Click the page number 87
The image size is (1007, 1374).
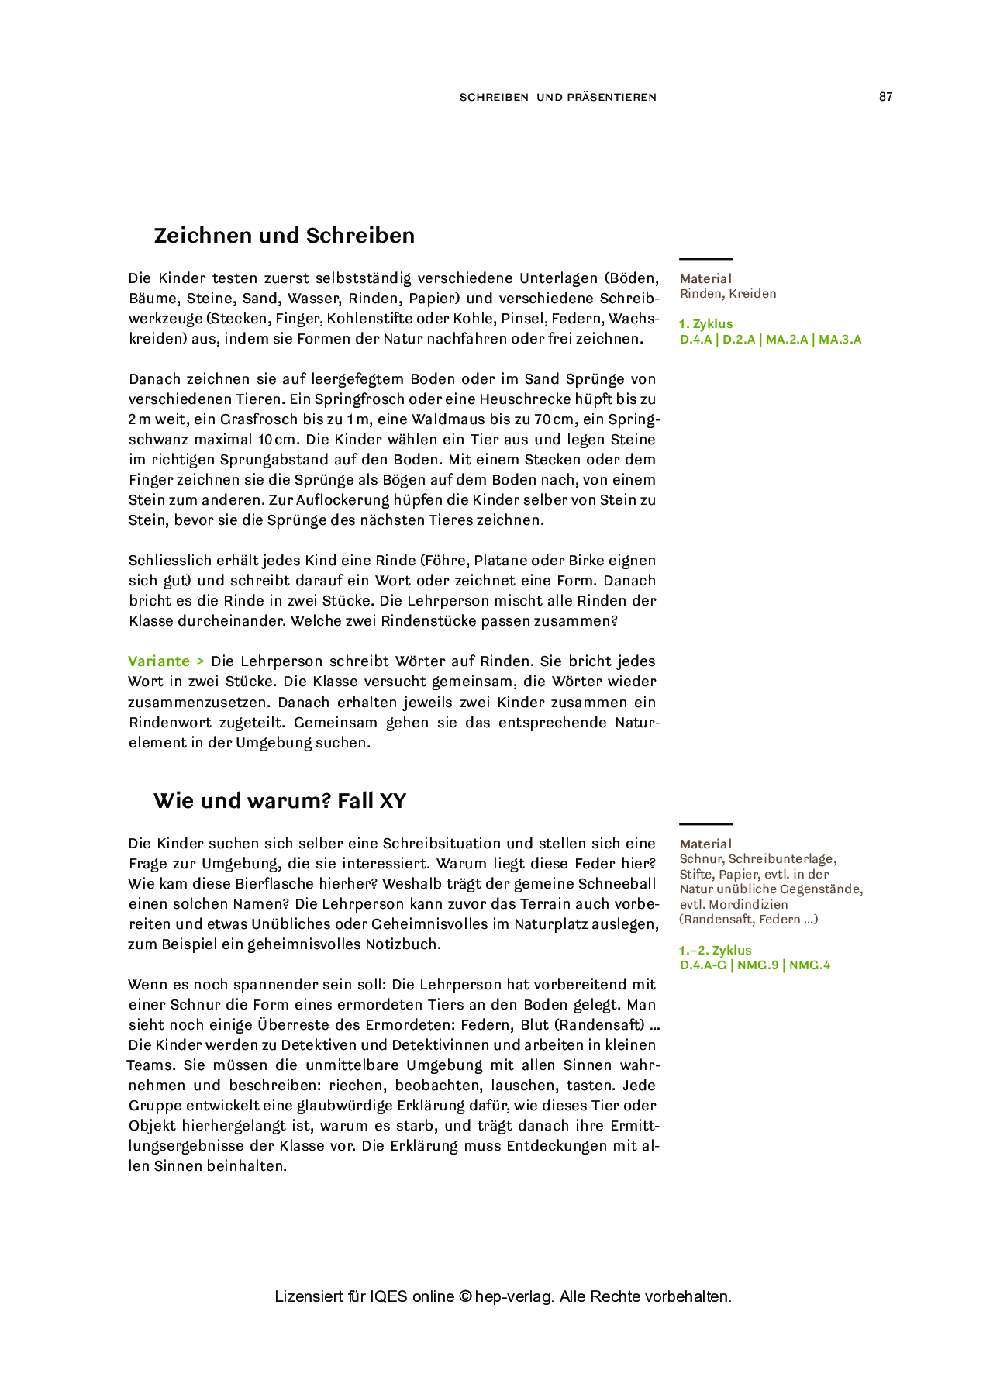pos(885,97)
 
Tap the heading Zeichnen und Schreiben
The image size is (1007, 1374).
pos(284,236)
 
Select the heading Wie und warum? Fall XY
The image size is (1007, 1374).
pos(279,800)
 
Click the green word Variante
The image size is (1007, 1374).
pos(159,661)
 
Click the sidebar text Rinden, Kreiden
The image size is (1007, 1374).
pos(727,294)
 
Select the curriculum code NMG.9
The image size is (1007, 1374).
pos(757,965)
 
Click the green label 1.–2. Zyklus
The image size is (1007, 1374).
pos(715,951)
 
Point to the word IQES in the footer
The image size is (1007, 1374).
pos(388,1296)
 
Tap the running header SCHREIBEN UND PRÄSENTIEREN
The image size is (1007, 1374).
pos(557,98)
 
